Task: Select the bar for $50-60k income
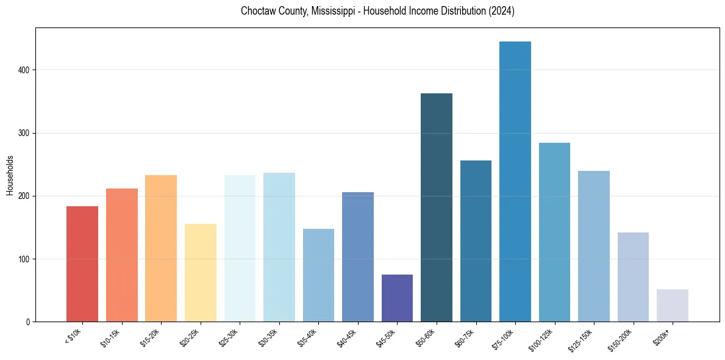(x=437, y=207)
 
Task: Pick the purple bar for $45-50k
(x=397, y=298)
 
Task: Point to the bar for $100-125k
(x=554, y=232)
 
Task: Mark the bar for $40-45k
(x=358, y=257)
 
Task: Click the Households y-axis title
(x=10, y=175)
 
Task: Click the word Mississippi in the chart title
(x=332, y=11)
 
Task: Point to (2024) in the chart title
(x=502, y=11)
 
